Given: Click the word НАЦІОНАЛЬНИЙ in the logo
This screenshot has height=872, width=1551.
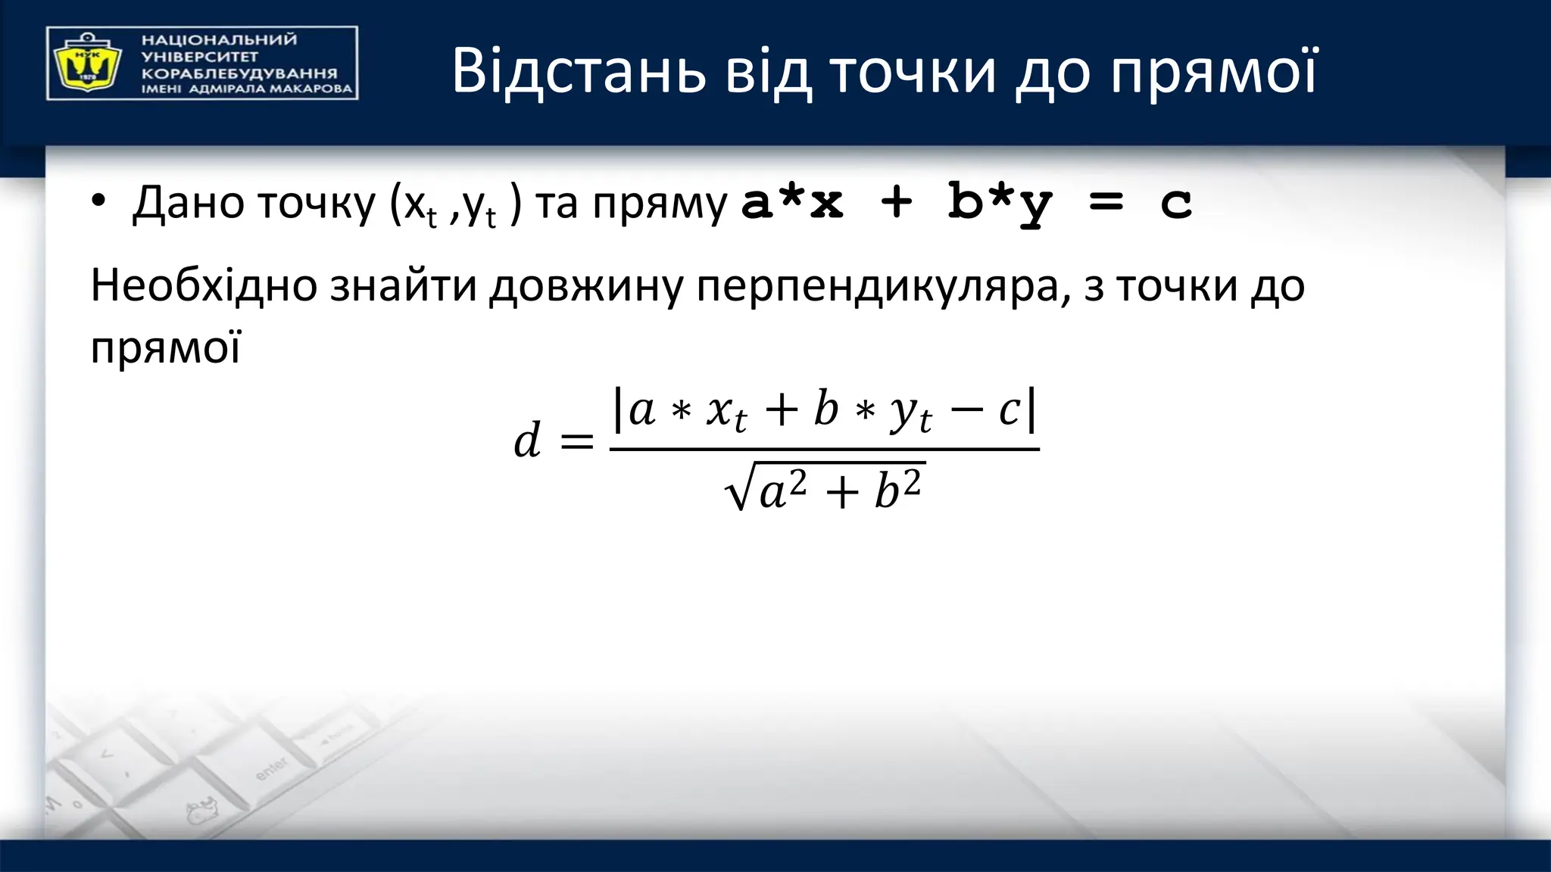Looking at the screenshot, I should click(219, 40).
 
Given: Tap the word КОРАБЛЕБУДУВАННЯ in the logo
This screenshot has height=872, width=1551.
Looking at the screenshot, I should click(239, 73).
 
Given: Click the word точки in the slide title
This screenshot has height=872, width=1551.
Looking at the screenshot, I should click(913, 72).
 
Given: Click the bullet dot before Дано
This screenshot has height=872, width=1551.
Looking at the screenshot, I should click(98, 202).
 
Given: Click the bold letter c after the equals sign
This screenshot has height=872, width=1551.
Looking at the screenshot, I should click(1176, 203).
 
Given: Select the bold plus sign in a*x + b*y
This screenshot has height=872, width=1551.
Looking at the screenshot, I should click(897, 203).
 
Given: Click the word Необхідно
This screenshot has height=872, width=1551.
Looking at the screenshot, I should click(204, 286).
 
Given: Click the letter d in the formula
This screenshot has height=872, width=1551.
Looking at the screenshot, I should click(527, 441).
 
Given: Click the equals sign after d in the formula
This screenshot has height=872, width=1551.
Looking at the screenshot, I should click(576, 441).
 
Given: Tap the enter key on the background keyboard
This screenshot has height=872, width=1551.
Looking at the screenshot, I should click(271, 768).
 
